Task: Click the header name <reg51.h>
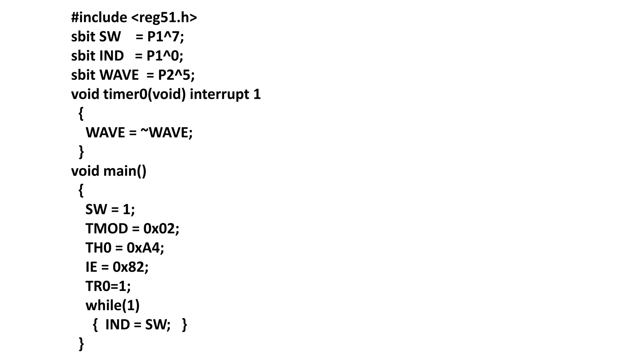(164, 17)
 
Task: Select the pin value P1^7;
(166, 37)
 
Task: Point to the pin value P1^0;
(165, 56)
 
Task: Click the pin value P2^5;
(176, 75)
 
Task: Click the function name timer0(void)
(144, 94)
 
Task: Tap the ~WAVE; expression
(167, 132)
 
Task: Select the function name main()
(125, 171)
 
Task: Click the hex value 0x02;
(161, 229)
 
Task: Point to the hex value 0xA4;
(145, 248)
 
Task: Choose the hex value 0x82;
(131, 267)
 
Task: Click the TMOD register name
(107, 229)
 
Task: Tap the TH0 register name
(98, 248)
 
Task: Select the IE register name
(91, 267)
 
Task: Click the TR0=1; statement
(108, 286)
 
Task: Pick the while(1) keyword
(112, 305)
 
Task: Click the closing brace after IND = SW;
(185, 325)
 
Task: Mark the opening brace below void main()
(81, 190)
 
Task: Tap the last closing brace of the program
(81, 344)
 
